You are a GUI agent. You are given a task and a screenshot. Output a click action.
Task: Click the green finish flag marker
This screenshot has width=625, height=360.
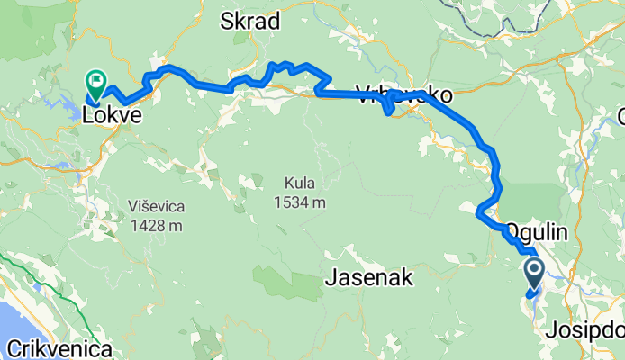pyautogui.click(x=95, y=82)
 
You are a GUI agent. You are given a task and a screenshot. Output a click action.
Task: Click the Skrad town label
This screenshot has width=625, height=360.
pyautogui.click(x=250, y=22)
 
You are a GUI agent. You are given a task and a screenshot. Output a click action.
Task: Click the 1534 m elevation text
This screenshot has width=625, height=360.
pyautogui.click(x=300, y=202)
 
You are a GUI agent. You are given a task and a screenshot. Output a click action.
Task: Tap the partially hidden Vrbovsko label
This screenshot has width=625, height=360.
pyautogui.click(x=405, y=94)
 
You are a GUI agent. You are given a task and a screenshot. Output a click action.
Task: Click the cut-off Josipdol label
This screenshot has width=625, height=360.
pyautogui.click(x=584, y=330)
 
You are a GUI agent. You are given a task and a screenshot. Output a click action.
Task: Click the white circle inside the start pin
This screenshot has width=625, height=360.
pyautogui.click(x=532, y=267)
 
